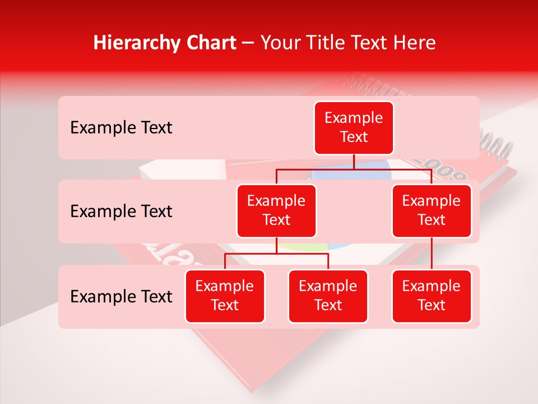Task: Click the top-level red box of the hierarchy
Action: (354, 127)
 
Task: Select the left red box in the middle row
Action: (276, 210)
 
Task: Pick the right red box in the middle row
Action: (432, 210)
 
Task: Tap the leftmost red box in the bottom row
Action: (225, 296)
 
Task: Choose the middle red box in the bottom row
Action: (328, 296)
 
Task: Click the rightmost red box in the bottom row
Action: (432, 296)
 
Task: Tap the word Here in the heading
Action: (413, 43)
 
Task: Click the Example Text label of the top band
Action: (121, 128)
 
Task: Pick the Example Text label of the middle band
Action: (121, 212)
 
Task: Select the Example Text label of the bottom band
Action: (121, 296)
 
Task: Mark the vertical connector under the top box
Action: (354, 162)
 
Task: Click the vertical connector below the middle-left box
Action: (276, 246)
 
